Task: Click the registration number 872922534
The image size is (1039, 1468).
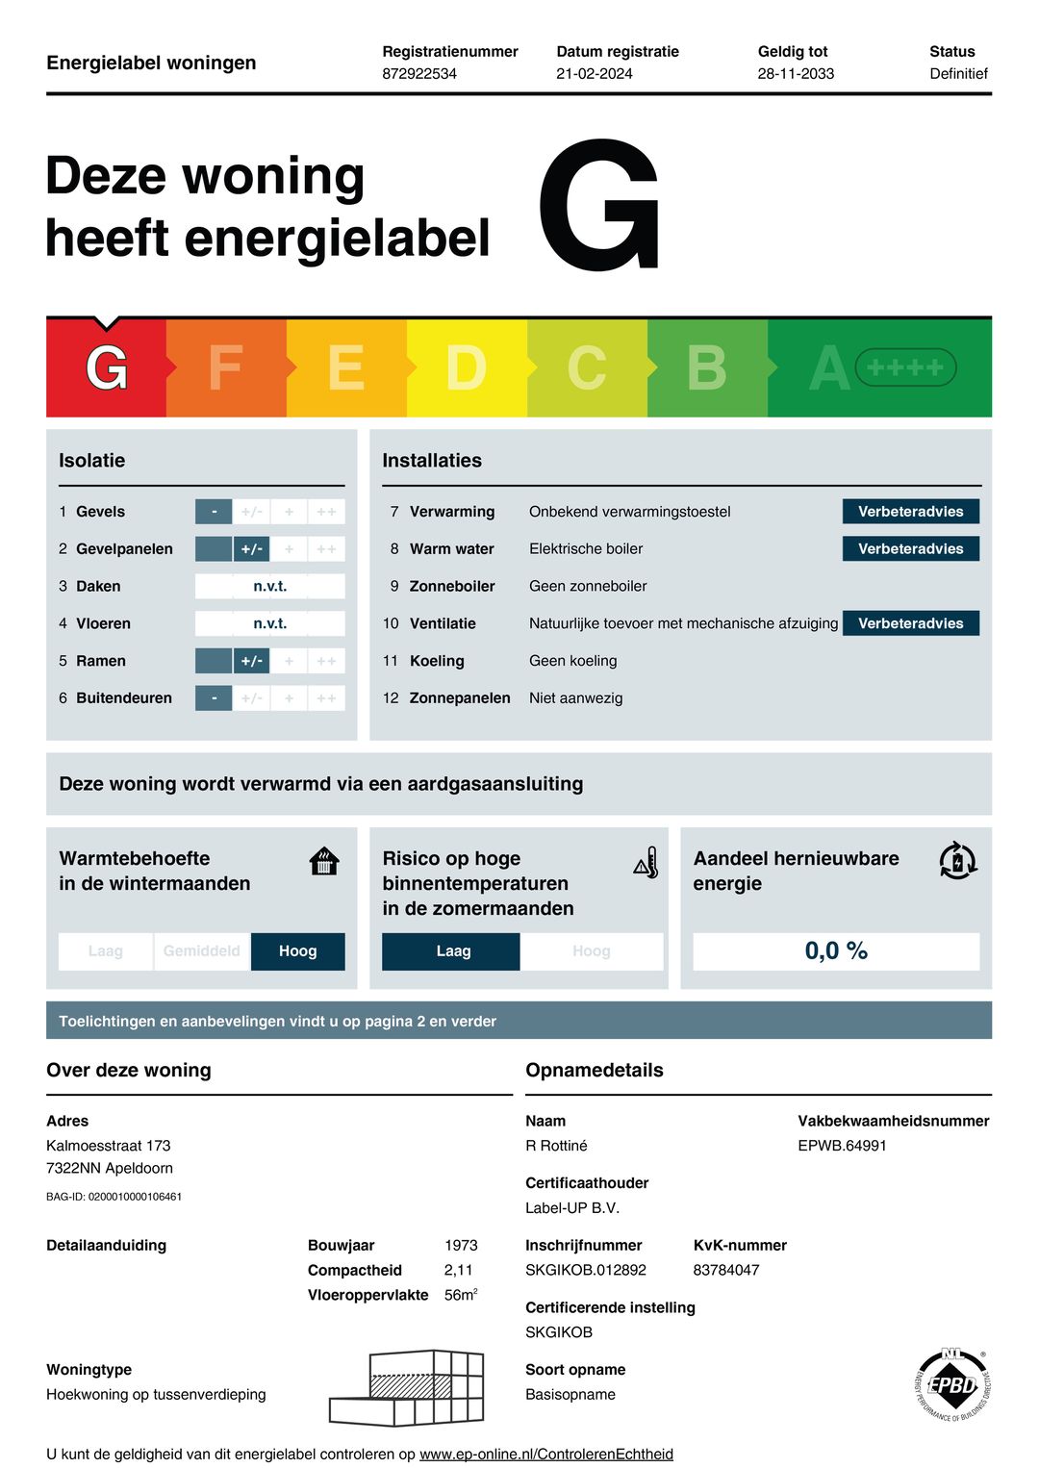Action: [419, 74]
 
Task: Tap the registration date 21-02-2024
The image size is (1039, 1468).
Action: [595, 74]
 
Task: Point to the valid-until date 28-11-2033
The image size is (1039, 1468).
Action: [796, 74]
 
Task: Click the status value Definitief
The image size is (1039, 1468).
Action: [958, 74]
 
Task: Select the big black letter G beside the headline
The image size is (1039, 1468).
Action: [599, 206]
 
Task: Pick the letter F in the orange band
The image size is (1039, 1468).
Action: [225, 368]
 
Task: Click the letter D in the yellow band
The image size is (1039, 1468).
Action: [466, 368]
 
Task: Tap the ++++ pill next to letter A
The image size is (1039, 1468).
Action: [905, 367]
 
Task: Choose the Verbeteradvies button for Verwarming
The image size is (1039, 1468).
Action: [910, 512]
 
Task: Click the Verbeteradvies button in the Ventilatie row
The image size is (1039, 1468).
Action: [910, 623]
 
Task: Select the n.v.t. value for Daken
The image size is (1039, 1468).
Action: [269, 586]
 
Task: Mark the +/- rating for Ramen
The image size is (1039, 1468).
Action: [251, 661]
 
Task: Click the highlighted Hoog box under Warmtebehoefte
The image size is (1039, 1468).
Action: [297, 951]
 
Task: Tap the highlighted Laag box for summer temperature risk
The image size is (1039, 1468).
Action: [452, 951]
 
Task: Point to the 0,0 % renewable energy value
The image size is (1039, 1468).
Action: [836, 951]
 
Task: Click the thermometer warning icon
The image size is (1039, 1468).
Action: [646, 863]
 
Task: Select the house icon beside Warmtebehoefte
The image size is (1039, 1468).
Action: [325, 861]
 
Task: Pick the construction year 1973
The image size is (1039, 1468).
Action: [461, 1246]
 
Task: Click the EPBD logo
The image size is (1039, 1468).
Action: [951, 1385]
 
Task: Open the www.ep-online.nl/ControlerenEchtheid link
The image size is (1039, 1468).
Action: [546, 1455]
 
